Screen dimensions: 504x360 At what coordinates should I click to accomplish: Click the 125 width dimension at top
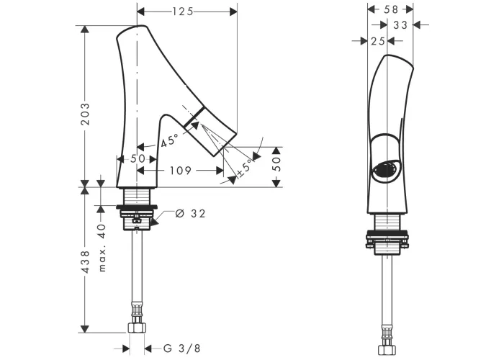183,12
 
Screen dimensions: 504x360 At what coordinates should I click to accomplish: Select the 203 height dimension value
85,114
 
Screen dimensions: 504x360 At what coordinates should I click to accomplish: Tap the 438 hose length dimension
85,262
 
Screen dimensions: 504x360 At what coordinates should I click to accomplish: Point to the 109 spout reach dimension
180,171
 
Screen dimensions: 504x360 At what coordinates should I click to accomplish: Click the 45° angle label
170,141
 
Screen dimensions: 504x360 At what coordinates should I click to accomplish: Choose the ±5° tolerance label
245,168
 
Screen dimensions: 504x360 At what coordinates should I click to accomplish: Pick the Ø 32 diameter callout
190,213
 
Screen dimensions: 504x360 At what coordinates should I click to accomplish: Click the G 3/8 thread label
182,348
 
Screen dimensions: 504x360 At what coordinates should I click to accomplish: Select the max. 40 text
102,248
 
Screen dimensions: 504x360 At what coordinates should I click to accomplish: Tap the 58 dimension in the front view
391,9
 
